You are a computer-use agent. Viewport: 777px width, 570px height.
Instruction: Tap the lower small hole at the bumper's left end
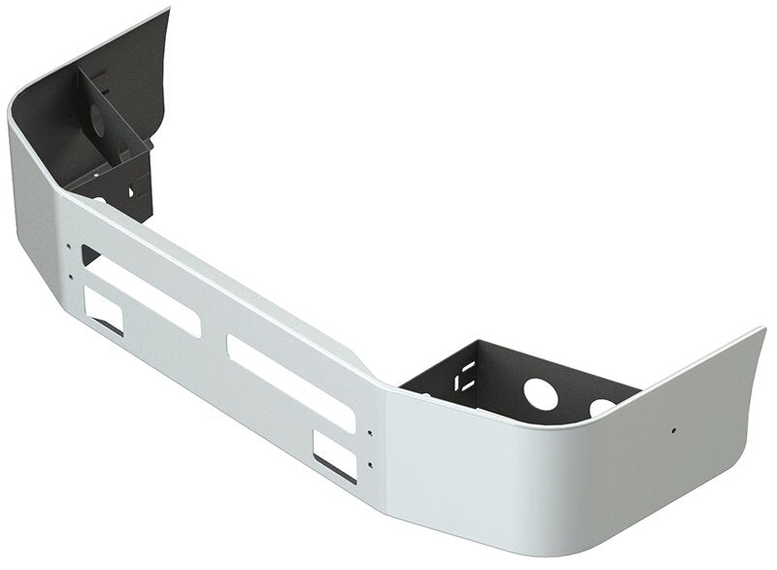[71, 276]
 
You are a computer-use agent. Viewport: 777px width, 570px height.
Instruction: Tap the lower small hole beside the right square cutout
[370, 453]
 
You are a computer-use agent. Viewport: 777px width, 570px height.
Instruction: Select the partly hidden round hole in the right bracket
[603, 403]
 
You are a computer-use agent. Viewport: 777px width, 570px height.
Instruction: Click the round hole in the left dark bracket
[99, 121]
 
